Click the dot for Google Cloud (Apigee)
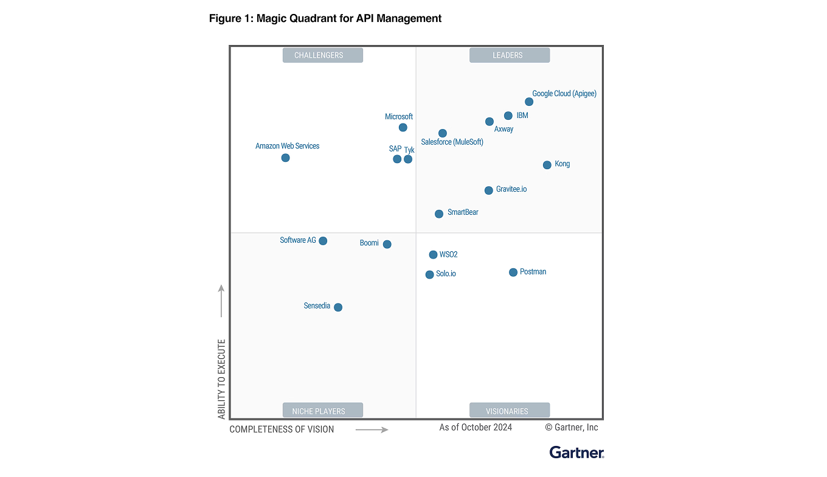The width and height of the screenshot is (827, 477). (x=529, y=102)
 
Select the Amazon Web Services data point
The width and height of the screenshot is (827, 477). (x=285, y=158)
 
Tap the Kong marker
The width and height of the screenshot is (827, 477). (x=547, y=165)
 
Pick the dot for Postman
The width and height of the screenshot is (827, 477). (x=513, y=272)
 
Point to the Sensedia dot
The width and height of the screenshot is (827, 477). (x=338, y=307)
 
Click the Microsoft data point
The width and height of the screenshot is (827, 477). (x=403, y=127)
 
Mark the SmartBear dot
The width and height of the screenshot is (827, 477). (x=439, y=214)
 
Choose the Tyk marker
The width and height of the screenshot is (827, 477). (x=408, y=159)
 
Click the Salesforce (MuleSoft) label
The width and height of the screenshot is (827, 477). (x=452, y=142)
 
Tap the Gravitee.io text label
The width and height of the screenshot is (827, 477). (x=511, y=189)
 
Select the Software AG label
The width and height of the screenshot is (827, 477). (x=298, y=240)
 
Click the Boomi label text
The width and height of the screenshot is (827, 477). (x=369, y=243)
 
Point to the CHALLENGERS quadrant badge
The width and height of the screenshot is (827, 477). (x=322, y=55)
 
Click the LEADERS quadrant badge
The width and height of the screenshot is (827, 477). (x=509, y=55)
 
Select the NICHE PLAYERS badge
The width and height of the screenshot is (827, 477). (x=322, y=411)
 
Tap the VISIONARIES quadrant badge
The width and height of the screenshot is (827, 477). (x=509, y=411)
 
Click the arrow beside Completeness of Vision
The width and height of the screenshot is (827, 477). (x=372, y=430)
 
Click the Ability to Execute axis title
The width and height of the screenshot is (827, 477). (x=221, y=378)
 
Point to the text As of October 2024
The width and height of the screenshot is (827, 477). (x=476, y=427)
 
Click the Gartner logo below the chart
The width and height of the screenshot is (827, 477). (x=576, y=452)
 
